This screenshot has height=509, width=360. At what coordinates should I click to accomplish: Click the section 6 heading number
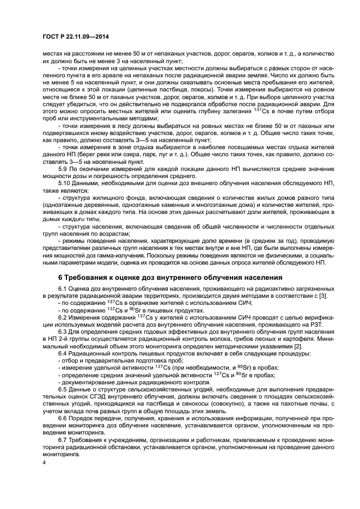point(46,276)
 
